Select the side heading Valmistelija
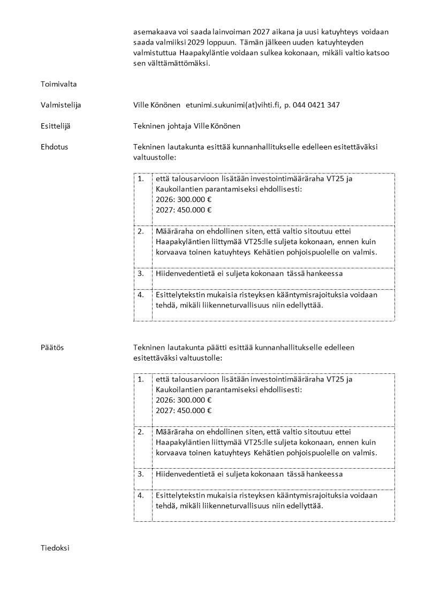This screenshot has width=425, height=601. click(x=61, y=105)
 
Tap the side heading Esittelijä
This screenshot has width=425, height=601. click(x=55, y=126)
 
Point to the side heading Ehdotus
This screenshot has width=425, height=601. click(x=54, y=147)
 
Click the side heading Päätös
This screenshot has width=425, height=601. click(x=52, y=348)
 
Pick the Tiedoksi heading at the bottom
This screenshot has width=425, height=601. click(x=55, y=549)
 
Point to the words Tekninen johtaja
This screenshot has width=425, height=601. click(x=162, y=126)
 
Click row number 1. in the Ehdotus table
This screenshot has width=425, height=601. click(x=141, y=179)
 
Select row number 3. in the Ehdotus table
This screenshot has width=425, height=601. click(x=141, y=273)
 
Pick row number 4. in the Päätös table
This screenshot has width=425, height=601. click(x=141, y=495)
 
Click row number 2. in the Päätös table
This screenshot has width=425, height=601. click(x=141, y=432)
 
